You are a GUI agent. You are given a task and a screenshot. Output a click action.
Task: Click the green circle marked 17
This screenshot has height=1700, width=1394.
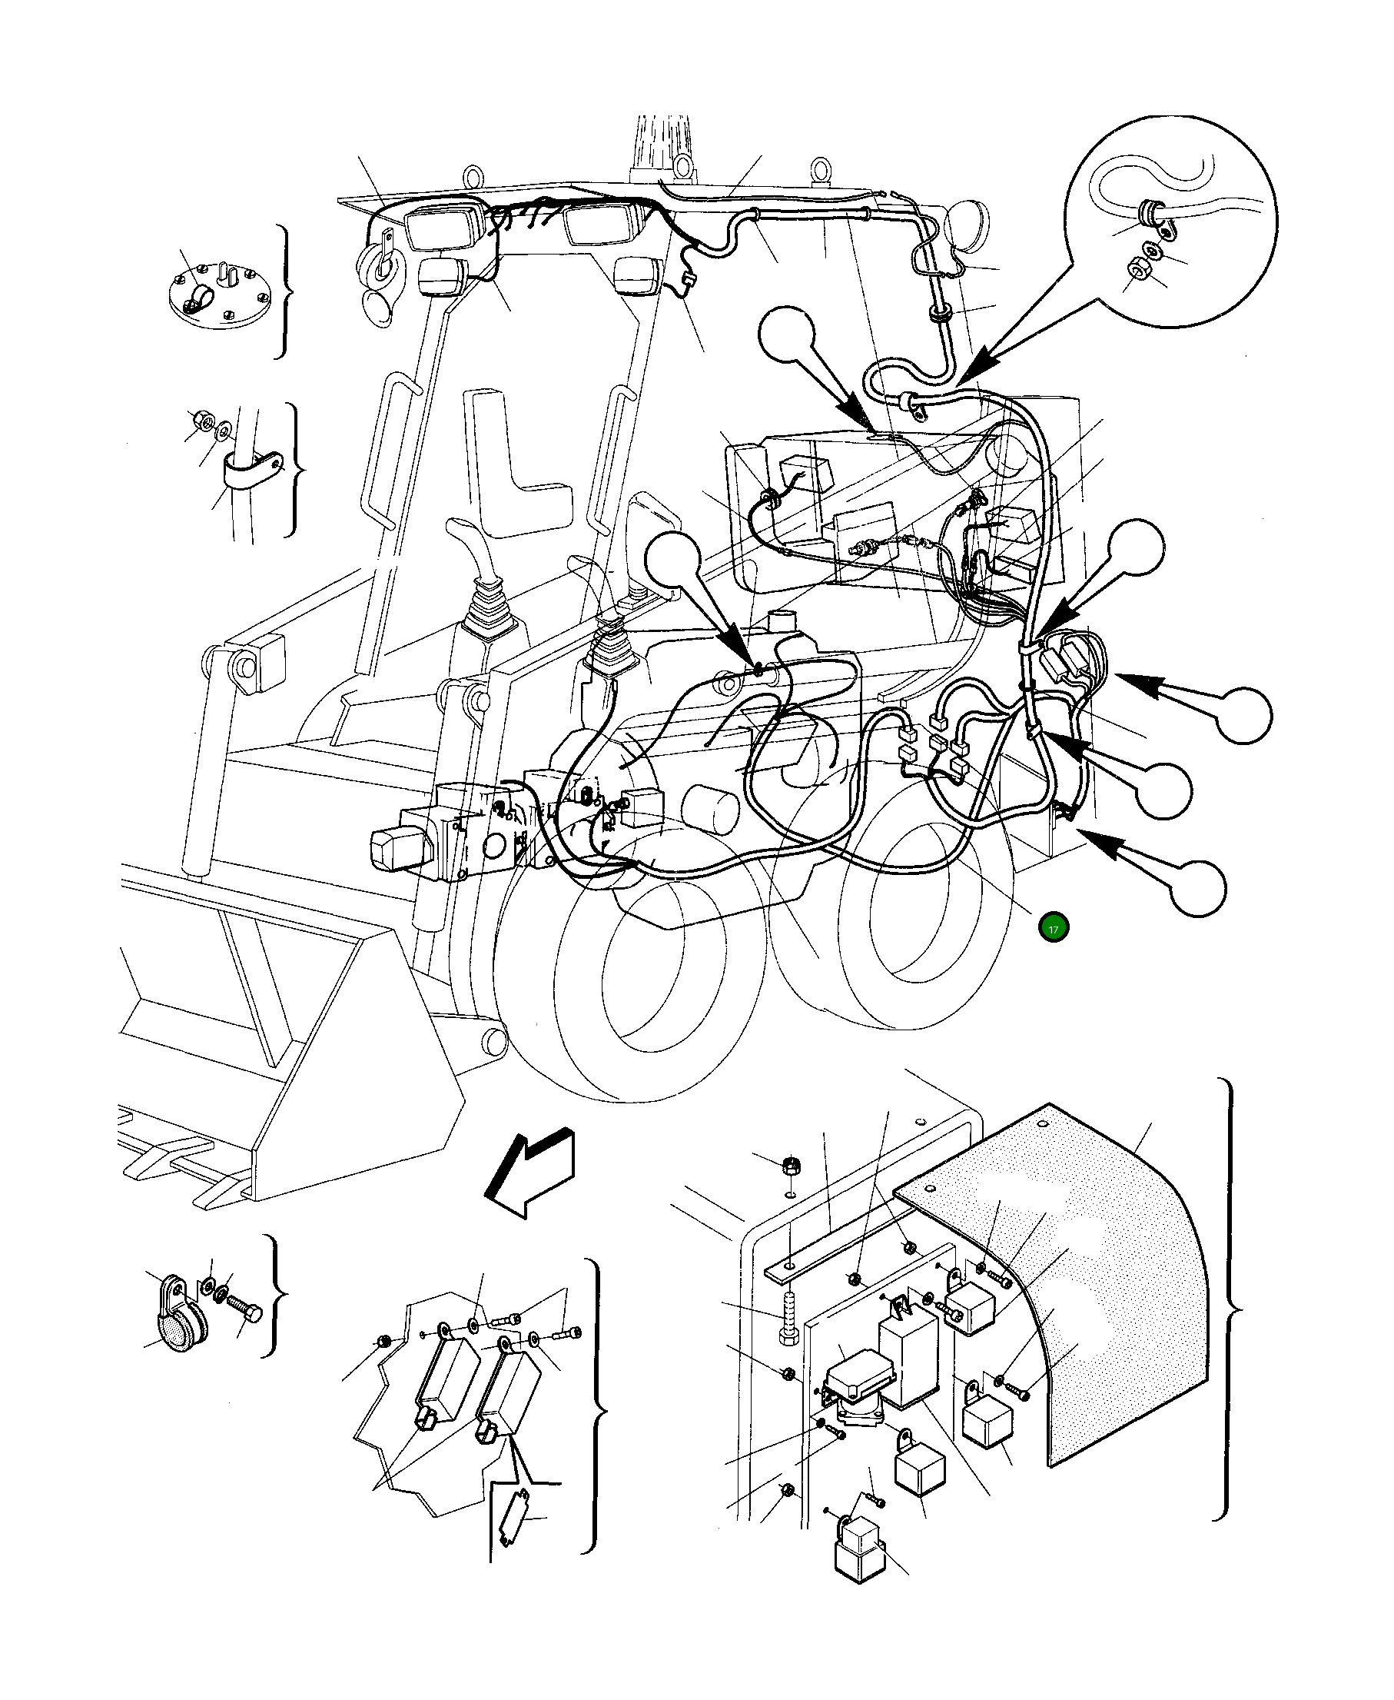click(x=1053, y=929)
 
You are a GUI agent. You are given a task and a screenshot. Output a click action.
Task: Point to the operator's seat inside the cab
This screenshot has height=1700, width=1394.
click(x=522, y=466)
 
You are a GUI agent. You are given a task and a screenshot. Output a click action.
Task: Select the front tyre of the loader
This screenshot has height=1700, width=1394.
click(x=634, y=964)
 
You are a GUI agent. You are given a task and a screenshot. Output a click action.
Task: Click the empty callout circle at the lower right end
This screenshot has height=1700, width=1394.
click(x=1197, y=888)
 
